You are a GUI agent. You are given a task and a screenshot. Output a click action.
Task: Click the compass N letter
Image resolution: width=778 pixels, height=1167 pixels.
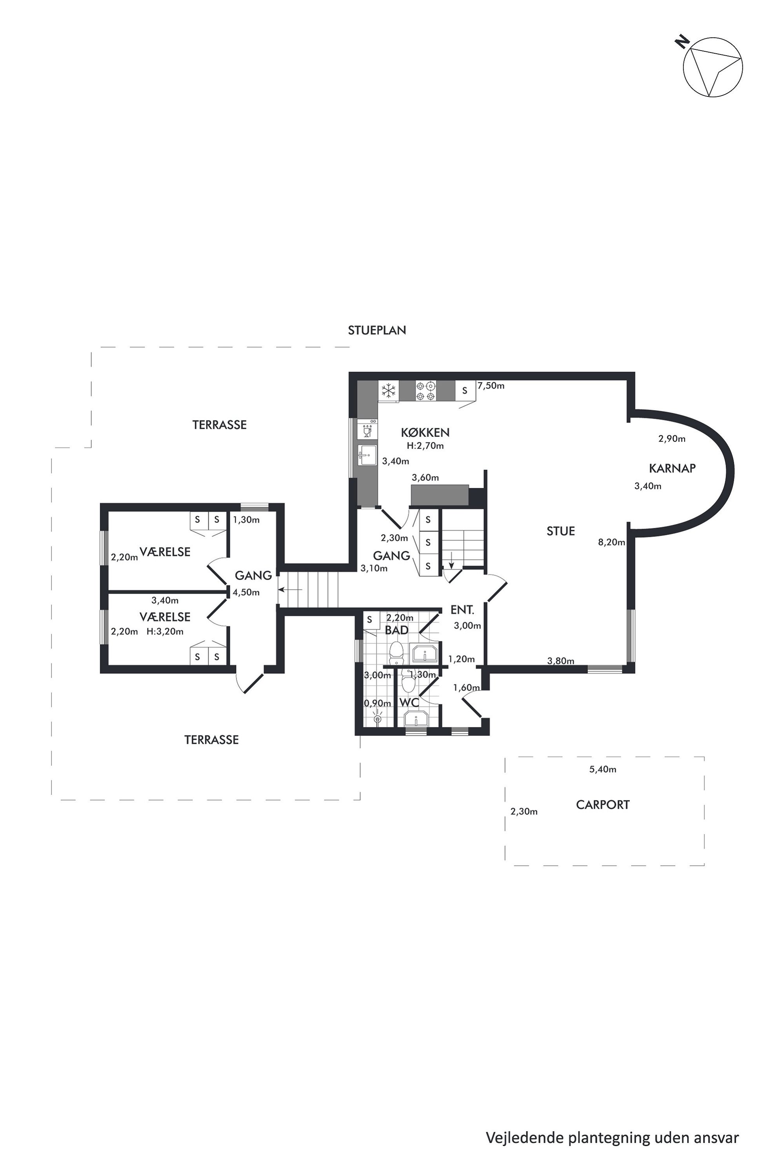(683, 41)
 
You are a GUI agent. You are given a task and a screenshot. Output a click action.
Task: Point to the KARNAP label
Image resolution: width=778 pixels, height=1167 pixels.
(672, 468)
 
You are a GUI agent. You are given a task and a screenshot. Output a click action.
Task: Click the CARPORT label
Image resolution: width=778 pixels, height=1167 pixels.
(602, 805)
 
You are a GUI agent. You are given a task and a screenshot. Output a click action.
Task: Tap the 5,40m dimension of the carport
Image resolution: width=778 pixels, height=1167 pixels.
(602, 769)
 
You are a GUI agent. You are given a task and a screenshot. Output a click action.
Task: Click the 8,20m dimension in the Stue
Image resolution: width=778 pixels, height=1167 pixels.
(611, 542)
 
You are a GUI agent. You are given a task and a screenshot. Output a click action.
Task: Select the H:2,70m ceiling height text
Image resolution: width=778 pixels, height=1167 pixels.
(425, 445)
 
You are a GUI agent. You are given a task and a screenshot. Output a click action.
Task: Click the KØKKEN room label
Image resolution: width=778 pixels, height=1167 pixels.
(425, 433)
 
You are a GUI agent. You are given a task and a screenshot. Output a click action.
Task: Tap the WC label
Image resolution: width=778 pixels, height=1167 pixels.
(409, 703)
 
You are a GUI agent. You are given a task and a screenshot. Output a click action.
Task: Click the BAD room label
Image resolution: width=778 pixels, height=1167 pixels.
(396, 630)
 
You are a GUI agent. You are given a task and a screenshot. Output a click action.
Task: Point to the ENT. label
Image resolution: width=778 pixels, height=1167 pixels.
(462, 610)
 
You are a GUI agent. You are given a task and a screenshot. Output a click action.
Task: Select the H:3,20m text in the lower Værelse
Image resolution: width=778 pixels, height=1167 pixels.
(165, 632)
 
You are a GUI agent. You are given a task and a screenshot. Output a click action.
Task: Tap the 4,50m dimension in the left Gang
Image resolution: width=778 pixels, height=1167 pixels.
(246, 593)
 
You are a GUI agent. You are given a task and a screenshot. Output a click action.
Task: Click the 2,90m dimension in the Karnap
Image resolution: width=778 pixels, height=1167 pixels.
(672, 439)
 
